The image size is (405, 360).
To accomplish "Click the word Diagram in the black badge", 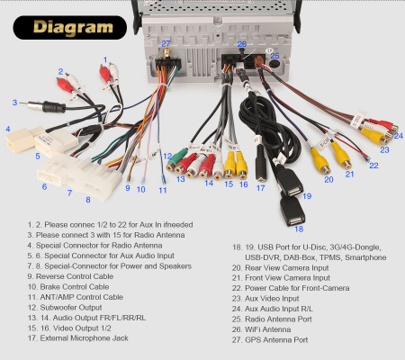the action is click(73, 28).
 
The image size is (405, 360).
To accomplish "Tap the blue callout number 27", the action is click(166, 44).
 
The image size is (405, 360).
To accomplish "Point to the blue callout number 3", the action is click(14, 103).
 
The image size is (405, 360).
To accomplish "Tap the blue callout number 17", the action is click(260, 188).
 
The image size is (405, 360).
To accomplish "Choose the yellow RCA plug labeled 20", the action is click(320, 161).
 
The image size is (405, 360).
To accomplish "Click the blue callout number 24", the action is click(399, 136).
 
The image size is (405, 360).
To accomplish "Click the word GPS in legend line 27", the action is click(253, 340).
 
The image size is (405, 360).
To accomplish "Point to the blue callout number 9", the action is click(128, 188).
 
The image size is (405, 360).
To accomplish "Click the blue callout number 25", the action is click(274, 56).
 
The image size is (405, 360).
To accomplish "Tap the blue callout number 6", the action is click(44, 187).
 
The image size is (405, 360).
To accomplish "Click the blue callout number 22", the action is click(373, 166).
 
